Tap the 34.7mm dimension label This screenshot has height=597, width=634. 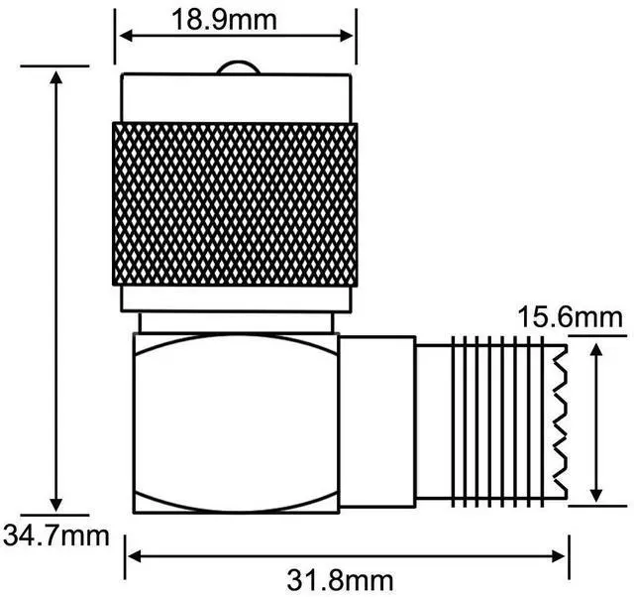click(54, 536)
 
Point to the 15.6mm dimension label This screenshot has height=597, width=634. click(571, 317)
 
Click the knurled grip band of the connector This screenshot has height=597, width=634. click(235, 203)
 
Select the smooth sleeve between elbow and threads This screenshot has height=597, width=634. click(377, 420)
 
